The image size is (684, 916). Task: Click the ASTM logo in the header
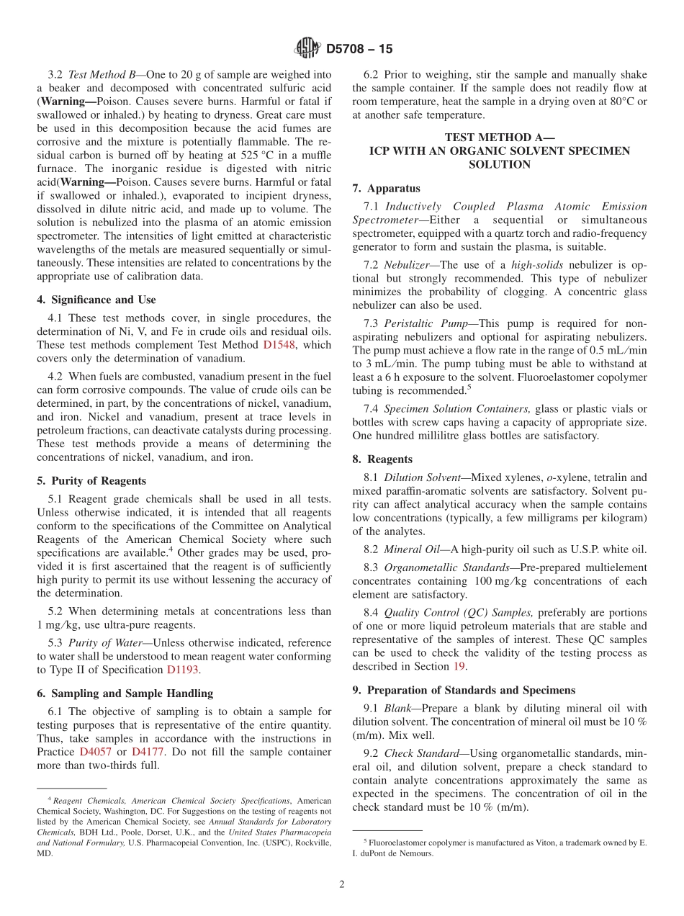pyautogui.click(x=307, y=49)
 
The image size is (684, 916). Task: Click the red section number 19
pyautogui.click(x=459, y=667)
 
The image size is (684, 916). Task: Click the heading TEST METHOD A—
pyautogui.click(x=499, y=137)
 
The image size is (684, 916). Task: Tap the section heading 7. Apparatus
pyautogui.click(x=386, y=189)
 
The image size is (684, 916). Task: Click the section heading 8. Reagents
pyautogui.click(x=382, y=459)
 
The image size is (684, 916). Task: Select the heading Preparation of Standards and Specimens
pyautogui.click(x=464, y=691)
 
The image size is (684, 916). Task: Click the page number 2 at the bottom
pyautogui.click(x=342, y=885)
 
